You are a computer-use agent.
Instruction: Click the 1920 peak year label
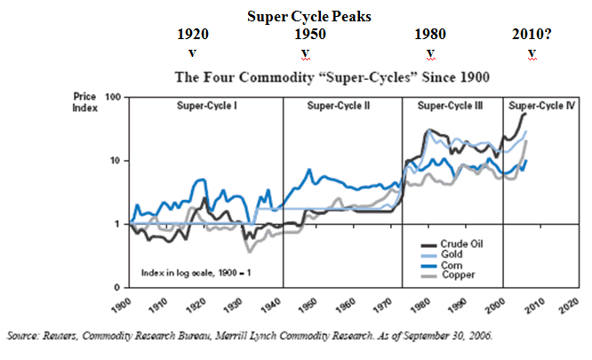(x=193, y=36)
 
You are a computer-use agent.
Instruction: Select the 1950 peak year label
(x=309, y=36)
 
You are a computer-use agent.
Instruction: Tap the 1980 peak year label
(x=430, y=36)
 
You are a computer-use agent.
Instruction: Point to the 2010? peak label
(x=532, y=36)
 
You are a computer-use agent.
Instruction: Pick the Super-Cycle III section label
(x=451, y=107)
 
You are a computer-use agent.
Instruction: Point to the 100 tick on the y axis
(x=112, y=96)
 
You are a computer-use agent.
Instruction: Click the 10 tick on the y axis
(x=115, y=161)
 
